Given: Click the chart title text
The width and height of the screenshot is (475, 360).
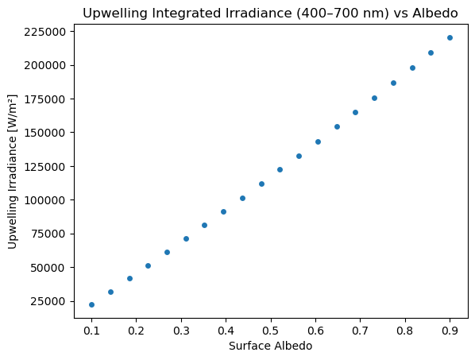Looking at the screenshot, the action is click(x=270, y=14).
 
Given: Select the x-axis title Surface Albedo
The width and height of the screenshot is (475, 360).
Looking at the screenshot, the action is click(x=271, y=346).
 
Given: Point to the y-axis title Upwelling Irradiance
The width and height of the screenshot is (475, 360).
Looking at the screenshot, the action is click(x=12, y=172).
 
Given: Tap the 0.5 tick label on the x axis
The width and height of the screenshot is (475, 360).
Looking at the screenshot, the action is click(x=271, y=331).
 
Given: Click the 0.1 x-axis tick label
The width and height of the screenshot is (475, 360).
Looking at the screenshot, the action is click(x=91, y=331).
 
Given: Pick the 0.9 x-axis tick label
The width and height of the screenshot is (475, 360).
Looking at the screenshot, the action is click(x=450, y=331).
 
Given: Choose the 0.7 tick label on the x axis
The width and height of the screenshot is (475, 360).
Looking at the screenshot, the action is click(x=360, y=331).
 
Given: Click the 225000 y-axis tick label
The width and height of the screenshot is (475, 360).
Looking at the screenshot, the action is click(x=44, y=32).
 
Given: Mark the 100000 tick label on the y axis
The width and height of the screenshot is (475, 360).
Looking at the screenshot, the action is click(x=44, y=200).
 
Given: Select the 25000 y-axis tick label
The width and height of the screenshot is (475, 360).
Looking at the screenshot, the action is click(x=48, y=301).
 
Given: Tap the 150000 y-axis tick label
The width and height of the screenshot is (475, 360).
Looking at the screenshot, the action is click(x=44, y=133).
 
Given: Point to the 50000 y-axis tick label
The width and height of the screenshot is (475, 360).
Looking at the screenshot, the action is click(x=48, y=268).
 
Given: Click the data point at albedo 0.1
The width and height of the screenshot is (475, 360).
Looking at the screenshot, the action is click(x=91, y=304).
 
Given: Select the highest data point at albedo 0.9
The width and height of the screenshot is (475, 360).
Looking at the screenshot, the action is click(x=450, y=37).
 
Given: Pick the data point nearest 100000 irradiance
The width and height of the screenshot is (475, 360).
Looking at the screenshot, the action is click(x=242, y=198).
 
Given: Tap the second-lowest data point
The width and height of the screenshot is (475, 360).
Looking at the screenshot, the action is click(x=110, y=292).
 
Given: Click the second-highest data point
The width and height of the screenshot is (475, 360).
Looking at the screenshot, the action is click(x=431, y=52).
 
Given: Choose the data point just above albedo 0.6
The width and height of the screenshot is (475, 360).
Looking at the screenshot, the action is click(x=318, y=141).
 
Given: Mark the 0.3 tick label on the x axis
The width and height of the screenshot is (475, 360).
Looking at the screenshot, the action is click(x=181, y=331).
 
